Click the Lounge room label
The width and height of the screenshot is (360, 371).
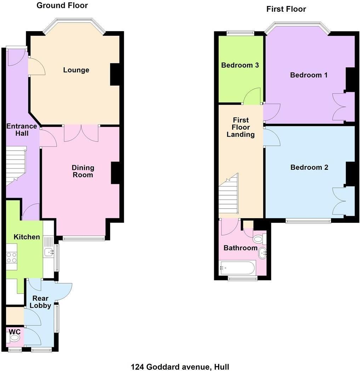76,70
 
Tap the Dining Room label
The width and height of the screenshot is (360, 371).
83,171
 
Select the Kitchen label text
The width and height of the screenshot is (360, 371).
27,237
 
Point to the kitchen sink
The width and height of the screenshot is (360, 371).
49,253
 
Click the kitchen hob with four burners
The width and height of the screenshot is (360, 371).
12,257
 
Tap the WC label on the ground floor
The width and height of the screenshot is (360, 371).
15,331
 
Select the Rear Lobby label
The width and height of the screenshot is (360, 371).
40,302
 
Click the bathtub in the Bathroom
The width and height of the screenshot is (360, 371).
238,268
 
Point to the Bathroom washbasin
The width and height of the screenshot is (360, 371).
262,253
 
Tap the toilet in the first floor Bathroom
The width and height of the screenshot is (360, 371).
259,239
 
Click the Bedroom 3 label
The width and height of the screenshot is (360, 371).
240,65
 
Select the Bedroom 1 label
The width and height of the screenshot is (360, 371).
309,75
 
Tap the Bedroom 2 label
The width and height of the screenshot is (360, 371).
309,167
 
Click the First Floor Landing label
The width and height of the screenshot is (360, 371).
241,127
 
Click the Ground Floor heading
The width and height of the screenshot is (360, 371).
62,5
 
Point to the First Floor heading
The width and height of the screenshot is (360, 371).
286,9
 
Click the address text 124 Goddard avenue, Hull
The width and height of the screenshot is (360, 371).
180,367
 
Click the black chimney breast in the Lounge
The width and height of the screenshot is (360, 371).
115,74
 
